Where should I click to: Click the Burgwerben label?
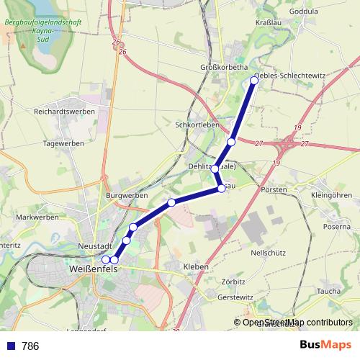click(x=126, y=195)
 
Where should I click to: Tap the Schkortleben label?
click(x=197, y=124)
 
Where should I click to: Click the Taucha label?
click(x=328, y=291)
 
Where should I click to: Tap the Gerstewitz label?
click(x=235, y=297)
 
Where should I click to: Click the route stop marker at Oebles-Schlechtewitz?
click(x=253, y=80)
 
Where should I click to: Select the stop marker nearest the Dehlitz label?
click(x=215, y=168)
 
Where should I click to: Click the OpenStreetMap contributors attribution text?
click(x=297, y=323)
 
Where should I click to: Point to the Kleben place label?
click(x=196, y=266)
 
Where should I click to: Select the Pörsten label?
click(x=275, y=190)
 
